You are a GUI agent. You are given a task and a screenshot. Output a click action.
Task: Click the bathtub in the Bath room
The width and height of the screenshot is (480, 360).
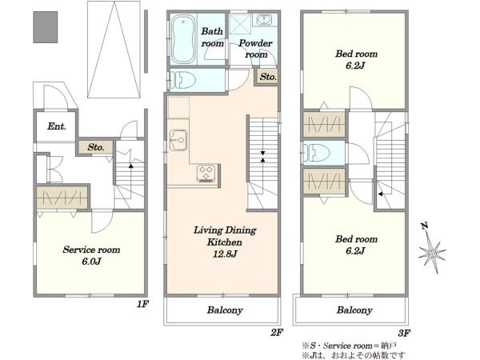183,39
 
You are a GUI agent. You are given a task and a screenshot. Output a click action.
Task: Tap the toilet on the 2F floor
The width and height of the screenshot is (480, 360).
182,80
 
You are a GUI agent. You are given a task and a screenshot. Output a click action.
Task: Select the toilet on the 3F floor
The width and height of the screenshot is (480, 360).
316,153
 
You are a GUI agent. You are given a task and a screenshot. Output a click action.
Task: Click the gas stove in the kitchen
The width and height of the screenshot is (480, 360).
207,174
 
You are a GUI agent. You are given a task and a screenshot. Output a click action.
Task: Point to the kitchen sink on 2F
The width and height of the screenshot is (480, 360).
178,141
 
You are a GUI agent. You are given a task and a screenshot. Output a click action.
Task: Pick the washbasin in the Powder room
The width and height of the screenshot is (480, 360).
264,20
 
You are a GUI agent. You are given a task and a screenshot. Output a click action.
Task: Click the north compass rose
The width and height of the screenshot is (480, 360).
432,249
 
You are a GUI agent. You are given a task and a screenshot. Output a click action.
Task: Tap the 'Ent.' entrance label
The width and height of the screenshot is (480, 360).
57,126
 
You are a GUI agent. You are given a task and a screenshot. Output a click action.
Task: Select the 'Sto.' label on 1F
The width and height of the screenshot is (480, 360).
96,147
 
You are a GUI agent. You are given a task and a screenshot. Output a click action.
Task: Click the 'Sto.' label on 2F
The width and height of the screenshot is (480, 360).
268,77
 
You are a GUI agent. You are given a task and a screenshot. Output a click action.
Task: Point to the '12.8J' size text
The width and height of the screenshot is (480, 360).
225,254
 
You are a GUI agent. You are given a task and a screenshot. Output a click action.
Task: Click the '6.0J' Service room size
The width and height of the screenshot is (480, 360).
91,262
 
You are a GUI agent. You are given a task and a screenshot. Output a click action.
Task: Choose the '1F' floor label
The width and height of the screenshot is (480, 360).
142,304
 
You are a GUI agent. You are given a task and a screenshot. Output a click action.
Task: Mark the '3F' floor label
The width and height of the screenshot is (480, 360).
404,333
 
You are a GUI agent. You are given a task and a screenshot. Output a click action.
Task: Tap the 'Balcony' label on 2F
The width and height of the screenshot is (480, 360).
225,310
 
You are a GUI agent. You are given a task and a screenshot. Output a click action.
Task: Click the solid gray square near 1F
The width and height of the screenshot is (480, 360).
46,27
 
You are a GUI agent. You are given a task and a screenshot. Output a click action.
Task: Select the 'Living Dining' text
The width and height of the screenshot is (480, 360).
225,230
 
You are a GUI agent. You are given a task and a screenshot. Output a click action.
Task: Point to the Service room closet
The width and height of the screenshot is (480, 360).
62,198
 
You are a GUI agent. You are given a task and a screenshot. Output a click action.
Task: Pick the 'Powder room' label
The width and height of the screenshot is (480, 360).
255,49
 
